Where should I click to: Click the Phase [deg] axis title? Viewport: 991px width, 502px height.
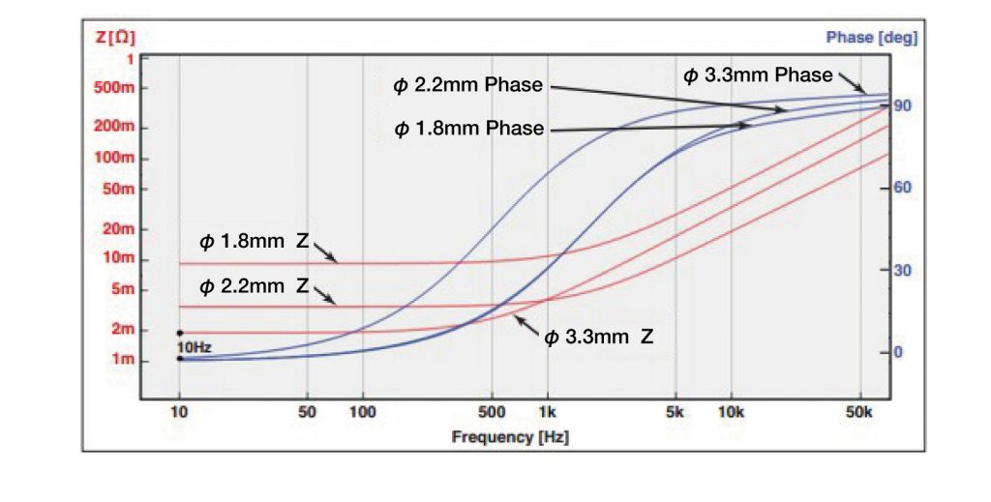[x=871, y=38]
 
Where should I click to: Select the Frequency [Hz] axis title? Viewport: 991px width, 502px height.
[x=510, y=437]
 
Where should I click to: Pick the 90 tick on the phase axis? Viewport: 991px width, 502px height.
[x=903, y=105]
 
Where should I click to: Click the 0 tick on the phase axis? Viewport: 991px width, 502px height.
[x=898, y=352]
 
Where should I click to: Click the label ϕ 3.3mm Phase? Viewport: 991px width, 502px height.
[x=758, y=75]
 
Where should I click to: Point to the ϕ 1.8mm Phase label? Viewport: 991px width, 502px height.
[x=469, y=130]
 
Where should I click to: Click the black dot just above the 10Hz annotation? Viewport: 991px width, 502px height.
[x=179, y=333]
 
